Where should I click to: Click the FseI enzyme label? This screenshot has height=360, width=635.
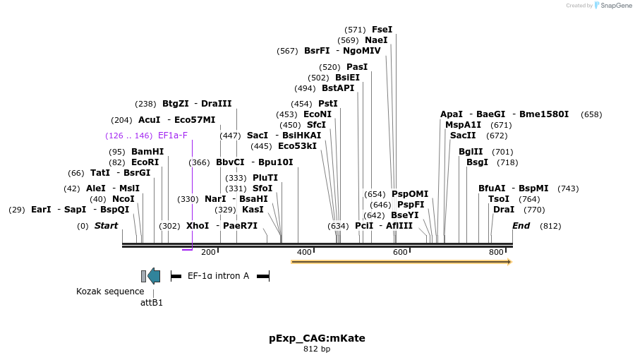(x=382, y=30)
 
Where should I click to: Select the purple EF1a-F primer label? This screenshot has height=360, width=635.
(x=173, y=136)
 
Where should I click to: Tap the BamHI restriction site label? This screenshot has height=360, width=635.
(x=147, y=152)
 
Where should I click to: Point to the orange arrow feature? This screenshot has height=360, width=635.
(x=401, y=262)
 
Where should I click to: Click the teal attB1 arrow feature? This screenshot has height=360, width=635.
(x=154, y=276)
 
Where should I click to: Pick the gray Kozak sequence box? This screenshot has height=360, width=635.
(x=143, y=276)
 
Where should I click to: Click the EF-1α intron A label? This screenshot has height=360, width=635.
(x=218, y=276)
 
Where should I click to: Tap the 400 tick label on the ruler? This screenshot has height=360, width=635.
(x=304, y=252)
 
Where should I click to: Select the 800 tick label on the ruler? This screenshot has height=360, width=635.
(x=496, y=252)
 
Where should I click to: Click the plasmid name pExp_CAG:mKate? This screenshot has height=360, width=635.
(x=317, y=338)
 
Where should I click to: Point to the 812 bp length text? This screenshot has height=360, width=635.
(x=317, y=349)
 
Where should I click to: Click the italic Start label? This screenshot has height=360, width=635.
(x=106, y=226)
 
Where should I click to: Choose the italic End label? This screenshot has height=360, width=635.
(x=521, y=226)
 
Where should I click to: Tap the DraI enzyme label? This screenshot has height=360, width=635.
(x=504, y=210)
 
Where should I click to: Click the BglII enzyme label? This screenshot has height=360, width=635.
(x=471, y=152)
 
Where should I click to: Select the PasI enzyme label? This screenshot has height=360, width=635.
(x=357, y=67)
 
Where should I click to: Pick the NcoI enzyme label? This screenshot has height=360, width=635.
(x=123, y=199)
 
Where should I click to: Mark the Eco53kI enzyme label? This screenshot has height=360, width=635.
(x=297, y=146)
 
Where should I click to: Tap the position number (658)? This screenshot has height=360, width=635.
(x=591, y=114)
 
